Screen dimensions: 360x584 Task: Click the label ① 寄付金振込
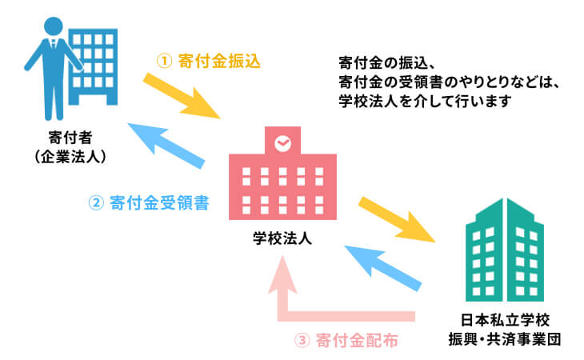(209, 61)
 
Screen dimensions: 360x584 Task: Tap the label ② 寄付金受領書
(148, 202)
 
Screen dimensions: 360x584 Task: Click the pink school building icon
(282, 180)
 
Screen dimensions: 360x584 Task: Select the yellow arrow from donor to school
(183, 96)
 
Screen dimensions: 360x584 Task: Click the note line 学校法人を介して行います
(425, 102)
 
